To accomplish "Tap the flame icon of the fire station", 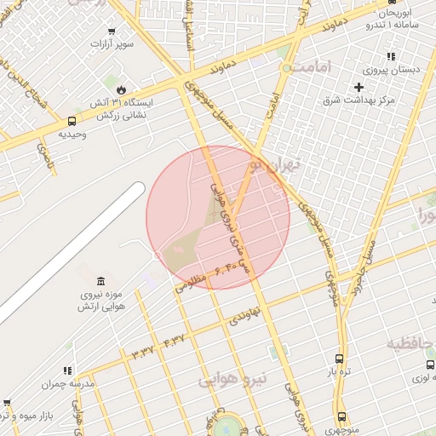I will pos(121,89).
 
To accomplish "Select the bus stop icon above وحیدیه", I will pos(71,121).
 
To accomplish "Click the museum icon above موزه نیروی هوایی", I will pos(101,282).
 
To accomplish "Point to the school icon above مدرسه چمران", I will pos(66,370).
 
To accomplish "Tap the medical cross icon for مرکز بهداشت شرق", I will pos(359,87).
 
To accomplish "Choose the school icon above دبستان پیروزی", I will pos(391,56).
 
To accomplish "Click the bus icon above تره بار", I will pos(340,359).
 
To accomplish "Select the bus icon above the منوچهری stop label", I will pos(342,416).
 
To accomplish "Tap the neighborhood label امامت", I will pos(311,66).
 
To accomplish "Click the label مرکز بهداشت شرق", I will pos(359,100).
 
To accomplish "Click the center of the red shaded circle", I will pos(218,217).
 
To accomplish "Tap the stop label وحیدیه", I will pos(73,135).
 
